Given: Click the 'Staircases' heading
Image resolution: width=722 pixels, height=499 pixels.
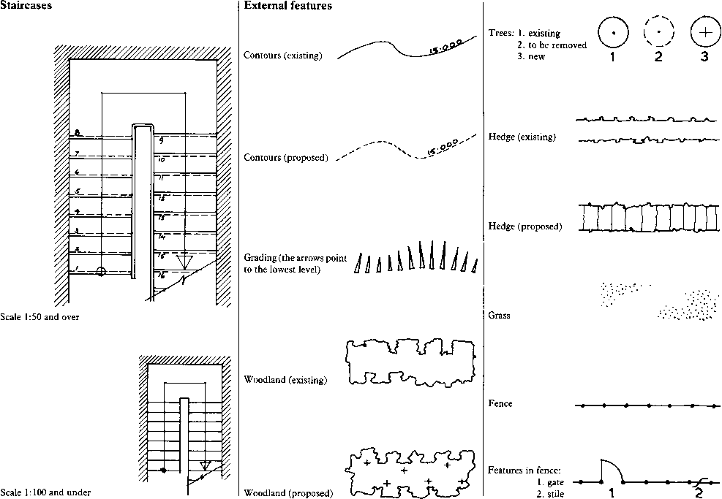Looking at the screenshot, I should pos(26,6).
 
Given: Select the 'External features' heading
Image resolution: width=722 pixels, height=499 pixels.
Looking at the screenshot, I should pos(287,6).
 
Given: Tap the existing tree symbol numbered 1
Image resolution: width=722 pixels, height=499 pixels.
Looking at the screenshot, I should pos(613,33).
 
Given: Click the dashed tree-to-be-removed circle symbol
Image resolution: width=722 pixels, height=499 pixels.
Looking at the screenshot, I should pos(658,33).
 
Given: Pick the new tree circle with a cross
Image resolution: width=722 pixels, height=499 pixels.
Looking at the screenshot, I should pos(704,33).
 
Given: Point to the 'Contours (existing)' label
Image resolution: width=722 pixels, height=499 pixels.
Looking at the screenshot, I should pos(282,56).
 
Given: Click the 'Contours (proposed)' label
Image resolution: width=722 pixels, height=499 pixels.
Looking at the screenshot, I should pos(285,158).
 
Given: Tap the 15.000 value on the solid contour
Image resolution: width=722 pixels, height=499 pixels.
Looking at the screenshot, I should pos(445,49).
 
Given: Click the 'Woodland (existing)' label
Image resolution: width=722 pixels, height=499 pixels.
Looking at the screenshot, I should pos(285,380).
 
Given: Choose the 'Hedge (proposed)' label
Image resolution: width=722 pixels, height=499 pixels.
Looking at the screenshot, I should pos(524,226).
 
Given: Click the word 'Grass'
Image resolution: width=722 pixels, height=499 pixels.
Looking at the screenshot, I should pos(499,316).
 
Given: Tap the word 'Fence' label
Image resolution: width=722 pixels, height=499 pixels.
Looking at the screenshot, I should pos(500,403).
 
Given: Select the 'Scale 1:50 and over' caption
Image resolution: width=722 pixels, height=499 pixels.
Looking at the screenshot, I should pos(40,317).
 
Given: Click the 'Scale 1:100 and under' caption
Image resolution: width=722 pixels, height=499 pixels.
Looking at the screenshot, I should pos(45,493).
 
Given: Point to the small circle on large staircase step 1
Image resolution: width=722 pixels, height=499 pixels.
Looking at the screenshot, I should pos(101,271).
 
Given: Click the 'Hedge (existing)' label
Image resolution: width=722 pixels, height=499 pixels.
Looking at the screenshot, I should pos(522,137).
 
